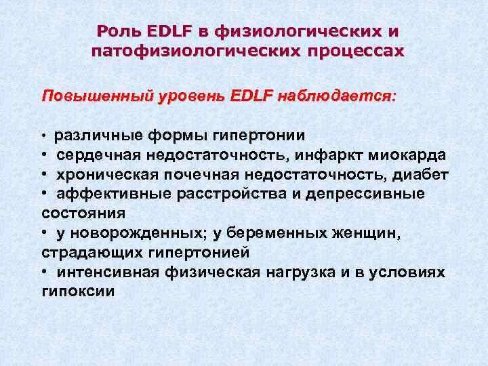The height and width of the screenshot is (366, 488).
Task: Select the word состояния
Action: pyautogui.click(x=83, y=213)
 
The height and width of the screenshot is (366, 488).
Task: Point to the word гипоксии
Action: pyautogui.click(x=78, y=291)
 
